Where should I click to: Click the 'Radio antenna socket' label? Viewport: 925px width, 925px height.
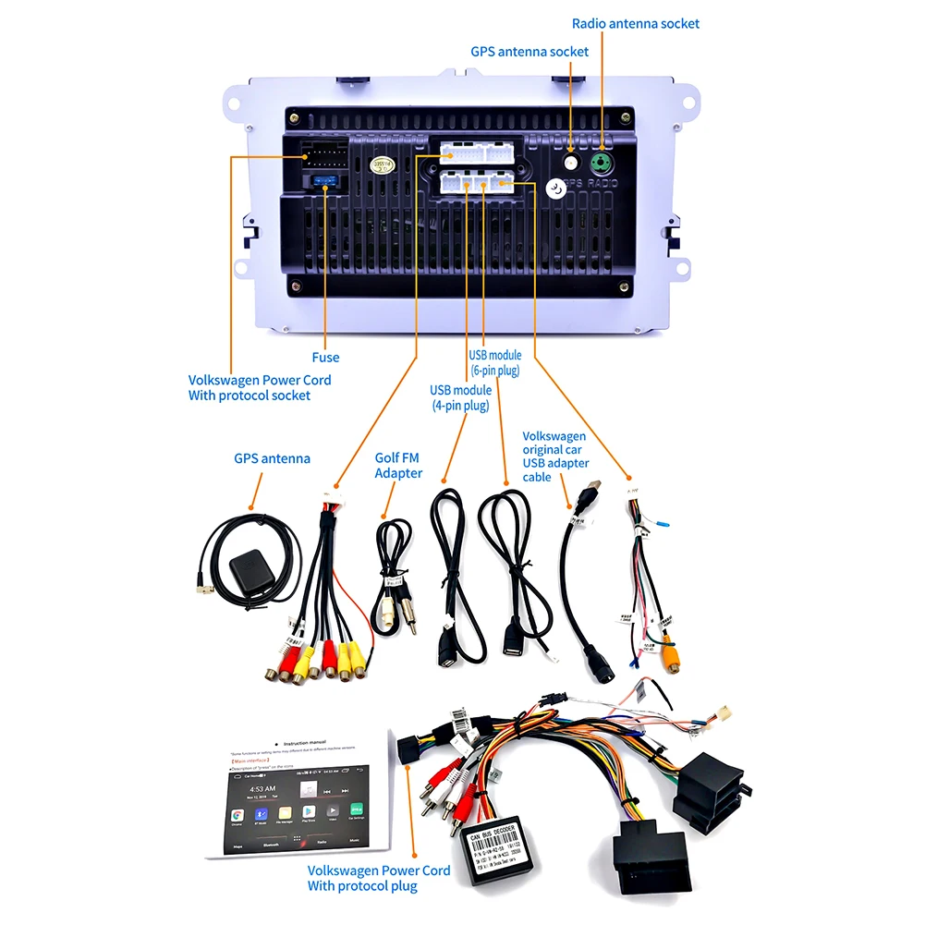[636, 23]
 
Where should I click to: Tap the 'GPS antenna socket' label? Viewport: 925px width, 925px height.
[529, 52]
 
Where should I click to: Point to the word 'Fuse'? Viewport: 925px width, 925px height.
[325, 358]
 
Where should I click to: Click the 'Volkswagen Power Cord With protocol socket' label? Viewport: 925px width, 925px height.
[260, 387]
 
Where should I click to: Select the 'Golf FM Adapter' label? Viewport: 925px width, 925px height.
[398, 465]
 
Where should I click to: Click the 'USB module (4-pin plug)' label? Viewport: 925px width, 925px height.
[460, 397]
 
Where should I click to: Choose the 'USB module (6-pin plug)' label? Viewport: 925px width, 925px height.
[494, 362]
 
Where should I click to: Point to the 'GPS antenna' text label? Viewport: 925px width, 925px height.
[272, 458]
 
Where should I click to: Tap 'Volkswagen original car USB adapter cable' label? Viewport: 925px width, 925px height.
[554, 456]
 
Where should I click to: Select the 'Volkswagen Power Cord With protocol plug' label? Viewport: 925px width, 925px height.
[379, 878]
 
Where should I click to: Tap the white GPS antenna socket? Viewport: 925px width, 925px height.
[571, 162]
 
